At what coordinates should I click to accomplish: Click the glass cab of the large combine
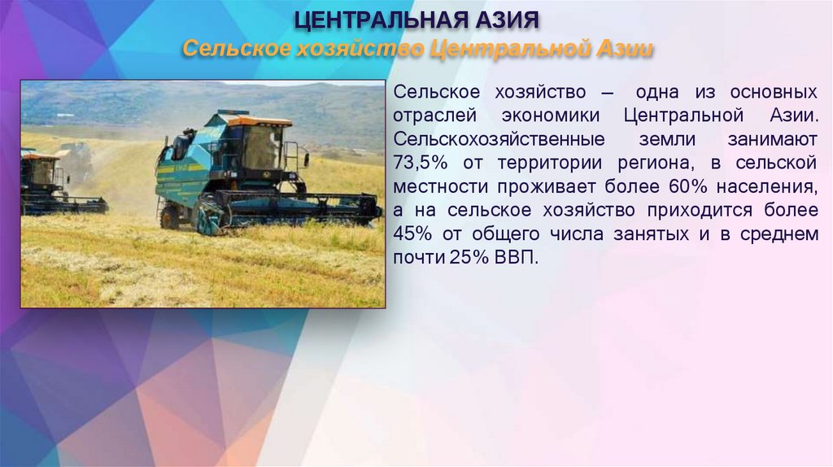[260, 147]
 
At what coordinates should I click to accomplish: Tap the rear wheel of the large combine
[169, 216]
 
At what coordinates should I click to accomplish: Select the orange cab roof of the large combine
[259, 121]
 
